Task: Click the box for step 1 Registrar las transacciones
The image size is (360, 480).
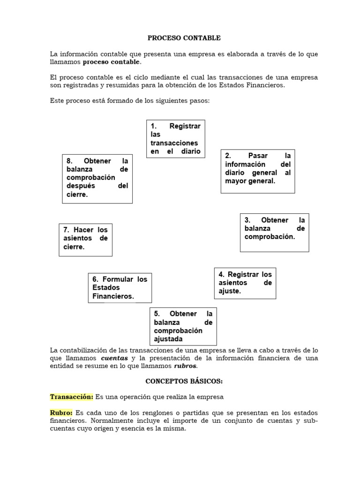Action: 175,139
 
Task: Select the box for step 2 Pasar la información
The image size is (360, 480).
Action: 258,172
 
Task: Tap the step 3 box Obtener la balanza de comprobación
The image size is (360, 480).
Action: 275,232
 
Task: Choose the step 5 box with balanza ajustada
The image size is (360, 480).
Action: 183,326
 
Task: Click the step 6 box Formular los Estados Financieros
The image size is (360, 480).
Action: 120,288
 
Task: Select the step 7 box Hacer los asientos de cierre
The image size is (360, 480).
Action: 85,239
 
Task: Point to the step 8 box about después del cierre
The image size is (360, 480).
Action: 97,179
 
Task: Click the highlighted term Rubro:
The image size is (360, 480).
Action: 61,413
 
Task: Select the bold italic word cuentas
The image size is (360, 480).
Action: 114,358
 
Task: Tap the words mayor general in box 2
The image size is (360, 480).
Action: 249,181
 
